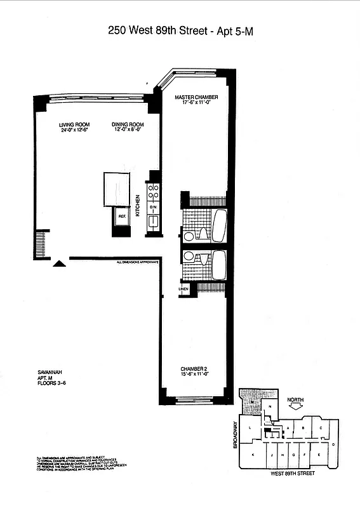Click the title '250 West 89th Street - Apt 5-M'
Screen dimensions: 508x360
pyautogui.click(x=180, y=30)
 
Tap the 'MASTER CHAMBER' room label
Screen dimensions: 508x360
pyautogui.click(x=197, y=97)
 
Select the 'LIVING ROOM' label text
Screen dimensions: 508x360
pyautogui.click(x=74, y=124)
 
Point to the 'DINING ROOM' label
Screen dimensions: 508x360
pyautogui.click(x=128, y=124)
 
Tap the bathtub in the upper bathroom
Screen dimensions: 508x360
pyautogui.click(x=218, y=225)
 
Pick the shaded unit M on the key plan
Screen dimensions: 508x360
pyautogui.click(x=252, y=400)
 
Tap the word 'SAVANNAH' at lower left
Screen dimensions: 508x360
pyautogui.click(x=50, y=372)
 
